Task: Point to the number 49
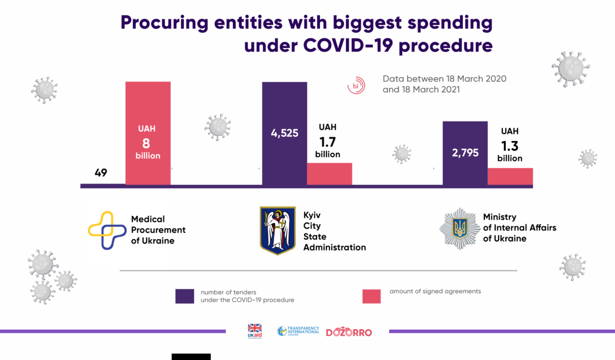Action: coord(101,173)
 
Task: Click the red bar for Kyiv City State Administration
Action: coord(330,174)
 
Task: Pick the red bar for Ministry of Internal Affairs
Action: coord(510,176)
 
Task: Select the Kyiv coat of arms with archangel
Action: coord(277,230)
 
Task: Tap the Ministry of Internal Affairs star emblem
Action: coord(460,228)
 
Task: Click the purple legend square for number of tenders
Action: coord(184,296)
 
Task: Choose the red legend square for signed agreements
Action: coord(372,296)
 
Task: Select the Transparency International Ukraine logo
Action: coord(298,331)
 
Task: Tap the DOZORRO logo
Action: coord(349,332)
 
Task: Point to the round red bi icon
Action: coord(357,86)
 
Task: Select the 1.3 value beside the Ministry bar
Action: coord(509,144)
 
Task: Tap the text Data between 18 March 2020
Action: coord(444,79)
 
